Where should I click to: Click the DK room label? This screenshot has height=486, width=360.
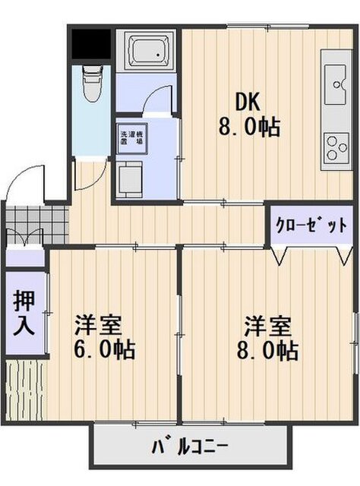point(247,103)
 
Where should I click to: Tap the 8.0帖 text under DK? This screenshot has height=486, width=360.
point(249,127)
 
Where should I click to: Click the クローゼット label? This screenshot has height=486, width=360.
point(311,226)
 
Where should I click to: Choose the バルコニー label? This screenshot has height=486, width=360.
point(191,447)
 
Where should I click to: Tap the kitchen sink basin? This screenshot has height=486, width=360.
point(335,84)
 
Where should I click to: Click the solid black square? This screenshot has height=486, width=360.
point(91,44)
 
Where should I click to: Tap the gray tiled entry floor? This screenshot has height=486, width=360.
point(37,224)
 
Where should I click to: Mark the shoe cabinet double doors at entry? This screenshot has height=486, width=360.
point(24,236)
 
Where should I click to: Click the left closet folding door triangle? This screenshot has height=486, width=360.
point(279,255)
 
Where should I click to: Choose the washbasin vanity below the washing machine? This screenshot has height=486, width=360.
point(130,179)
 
